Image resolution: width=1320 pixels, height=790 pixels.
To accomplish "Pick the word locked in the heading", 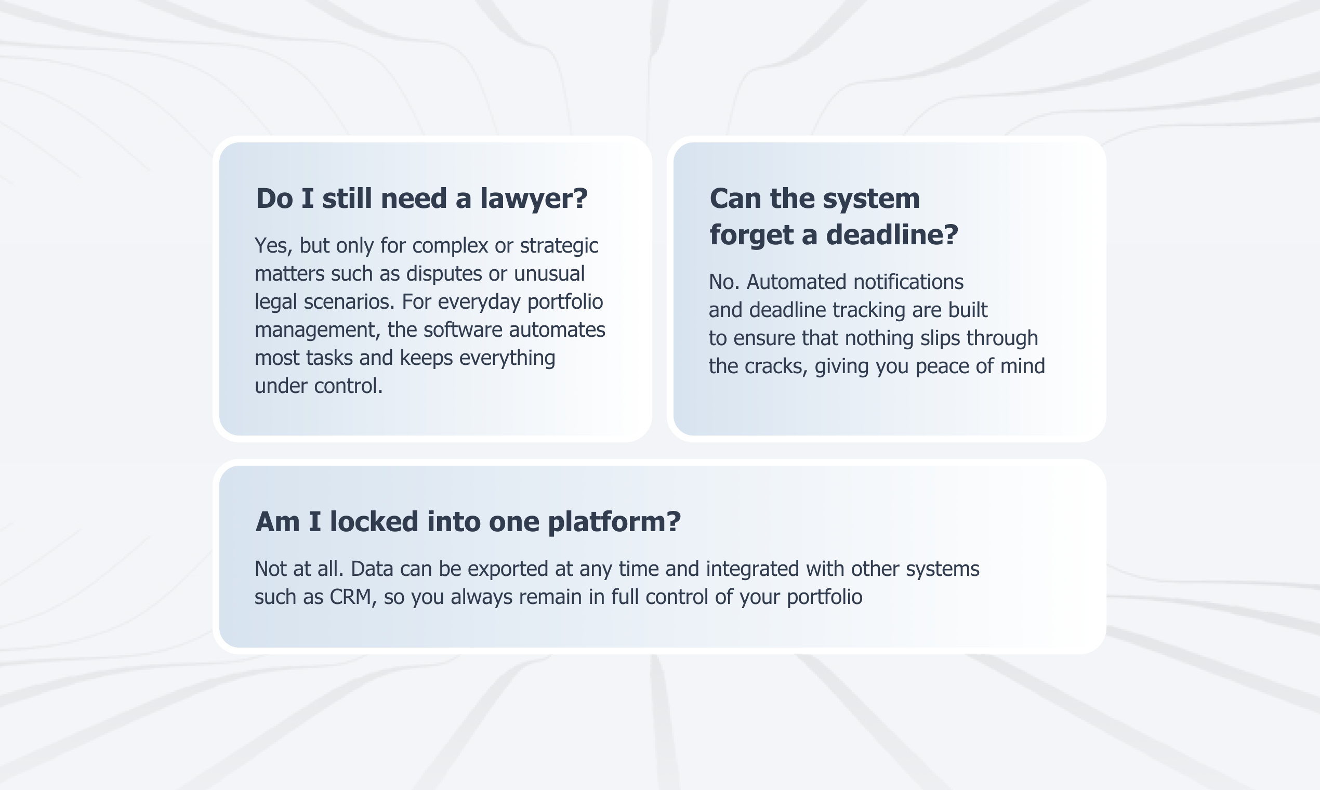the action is (374, 522).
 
